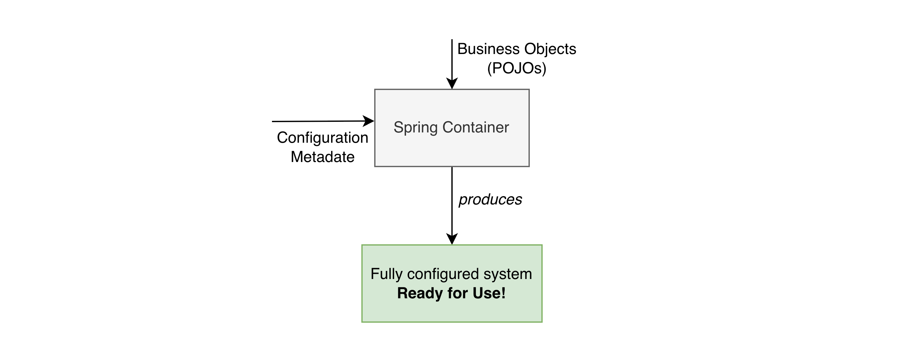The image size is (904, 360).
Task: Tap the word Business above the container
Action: pos(488,49)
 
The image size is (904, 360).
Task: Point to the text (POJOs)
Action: pos(517,68)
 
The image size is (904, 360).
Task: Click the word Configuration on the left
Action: pos(322,138)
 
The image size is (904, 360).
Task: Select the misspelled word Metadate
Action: pos(322,157)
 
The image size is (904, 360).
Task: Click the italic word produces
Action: pos(490,200)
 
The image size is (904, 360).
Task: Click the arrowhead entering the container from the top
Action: pos(452,84)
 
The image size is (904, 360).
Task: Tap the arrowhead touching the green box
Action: pos(452,239)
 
